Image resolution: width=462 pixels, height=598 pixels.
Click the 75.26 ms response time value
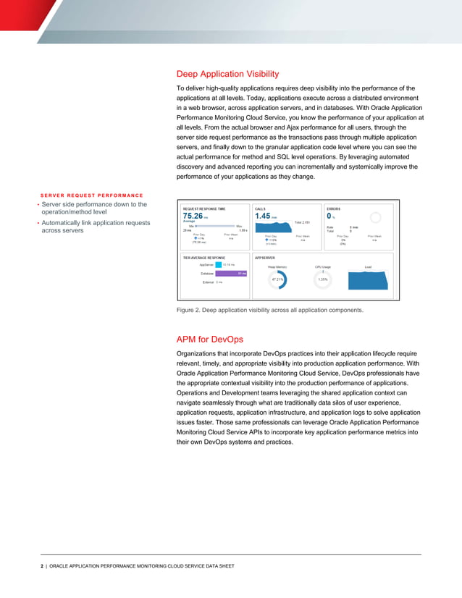click(192, 215)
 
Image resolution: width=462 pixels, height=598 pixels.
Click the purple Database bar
click(232, 273)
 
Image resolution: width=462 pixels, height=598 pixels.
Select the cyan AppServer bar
click(219, 265)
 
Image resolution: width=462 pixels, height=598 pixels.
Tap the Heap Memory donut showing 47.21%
click(277, 279)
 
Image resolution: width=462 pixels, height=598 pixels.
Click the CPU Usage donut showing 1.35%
click(323, 279)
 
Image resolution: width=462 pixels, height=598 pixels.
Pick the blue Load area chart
click(368, 279)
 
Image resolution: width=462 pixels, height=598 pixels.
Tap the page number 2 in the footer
click(41, 565)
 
